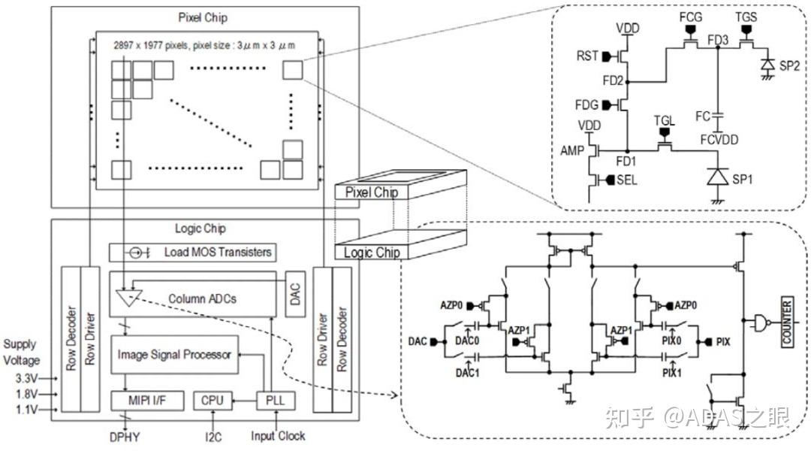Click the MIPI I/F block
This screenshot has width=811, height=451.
(147, 401)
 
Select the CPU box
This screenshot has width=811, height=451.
(213, 401)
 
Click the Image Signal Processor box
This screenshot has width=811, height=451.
(175, 355)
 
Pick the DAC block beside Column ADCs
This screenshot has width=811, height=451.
(295, 294)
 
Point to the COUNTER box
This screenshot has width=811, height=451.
(787, 322)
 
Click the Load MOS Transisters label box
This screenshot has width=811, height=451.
(192, 253)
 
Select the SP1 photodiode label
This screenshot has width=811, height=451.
(742, 180)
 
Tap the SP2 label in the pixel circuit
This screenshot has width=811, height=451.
(789, 65)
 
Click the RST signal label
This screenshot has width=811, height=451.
(587, 56)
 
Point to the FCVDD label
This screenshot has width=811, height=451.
(719, 140)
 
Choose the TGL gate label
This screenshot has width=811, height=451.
(665, 121)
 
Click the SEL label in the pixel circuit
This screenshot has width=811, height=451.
(627, 180)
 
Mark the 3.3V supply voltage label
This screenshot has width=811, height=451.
(26, 379)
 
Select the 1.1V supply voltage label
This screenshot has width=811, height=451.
(26, 410)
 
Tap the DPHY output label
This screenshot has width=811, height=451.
(125, 437)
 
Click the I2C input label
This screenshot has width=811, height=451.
(213, 437)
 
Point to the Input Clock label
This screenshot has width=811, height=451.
(278, 436)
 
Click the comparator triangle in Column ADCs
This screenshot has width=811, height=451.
(129, 297)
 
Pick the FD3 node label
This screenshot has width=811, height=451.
(717, 40)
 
